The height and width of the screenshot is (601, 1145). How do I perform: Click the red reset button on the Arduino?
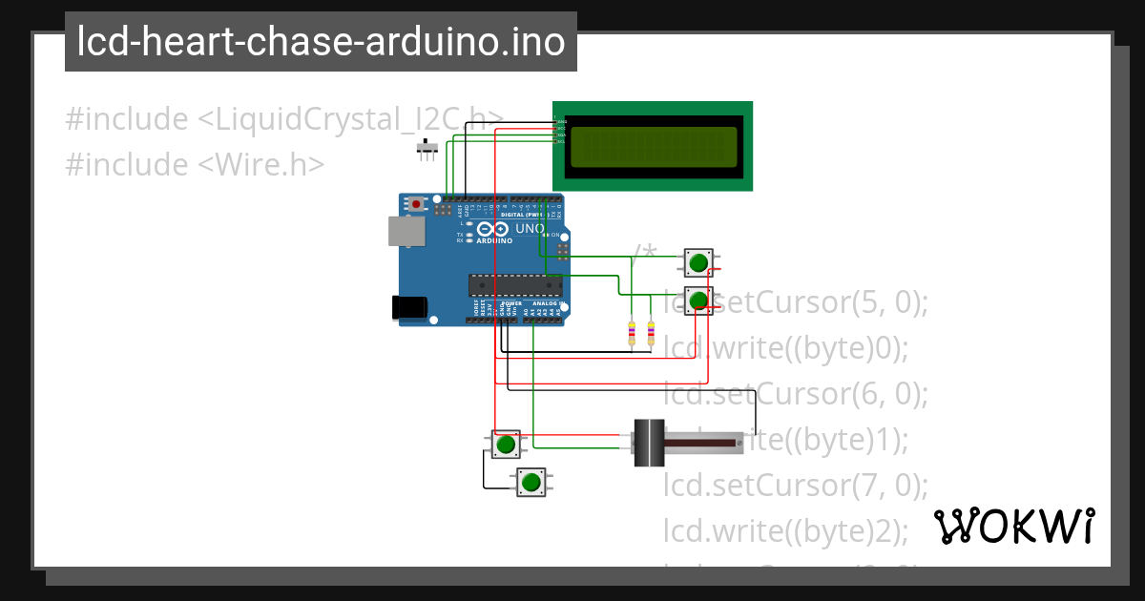click(x=416, y=203)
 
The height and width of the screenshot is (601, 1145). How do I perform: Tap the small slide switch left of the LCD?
click(x=428, y=148)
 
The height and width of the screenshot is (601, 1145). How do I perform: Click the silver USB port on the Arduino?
click(x=406, y=231)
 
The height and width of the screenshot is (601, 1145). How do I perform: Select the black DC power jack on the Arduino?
click(x=409, y=306)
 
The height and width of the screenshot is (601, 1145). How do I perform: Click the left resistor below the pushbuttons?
click(x=631, y=333)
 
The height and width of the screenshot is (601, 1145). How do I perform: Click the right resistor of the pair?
click(x=652, y=333)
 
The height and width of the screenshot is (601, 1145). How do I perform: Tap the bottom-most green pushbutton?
click(x=531, y=482)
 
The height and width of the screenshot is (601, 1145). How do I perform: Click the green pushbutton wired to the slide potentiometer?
click(x=506, y=444)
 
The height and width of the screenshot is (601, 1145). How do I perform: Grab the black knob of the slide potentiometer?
click(x=649, y=443)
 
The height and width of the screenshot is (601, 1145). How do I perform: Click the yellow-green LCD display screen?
click(x=653, y=145)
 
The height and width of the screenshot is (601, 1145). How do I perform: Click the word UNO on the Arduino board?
click(x=530, y=229)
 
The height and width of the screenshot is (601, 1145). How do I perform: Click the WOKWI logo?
click(x=1013, y=526)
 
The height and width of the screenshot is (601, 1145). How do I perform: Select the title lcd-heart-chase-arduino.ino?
click(x=321, y=42)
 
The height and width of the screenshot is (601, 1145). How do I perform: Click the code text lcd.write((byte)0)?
click(x=786, y=348)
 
